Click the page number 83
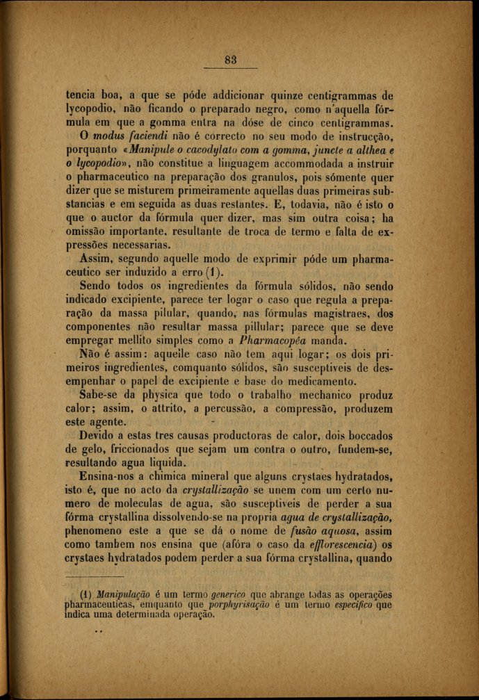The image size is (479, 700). click(231, 60)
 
